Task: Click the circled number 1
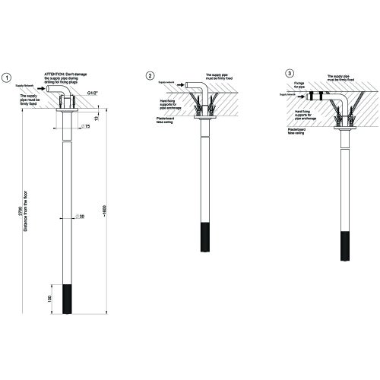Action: pos(7,78)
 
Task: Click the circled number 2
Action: pos(150,75)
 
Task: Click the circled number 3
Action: pos(290,73)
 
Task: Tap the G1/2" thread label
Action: pos(93,93)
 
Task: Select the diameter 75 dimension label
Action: pos(87,126)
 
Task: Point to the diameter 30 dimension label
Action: pos(80,217)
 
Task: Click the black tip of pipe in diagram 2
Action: pos(204,238)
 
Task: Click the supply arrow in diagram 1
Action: pos(43,88)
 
